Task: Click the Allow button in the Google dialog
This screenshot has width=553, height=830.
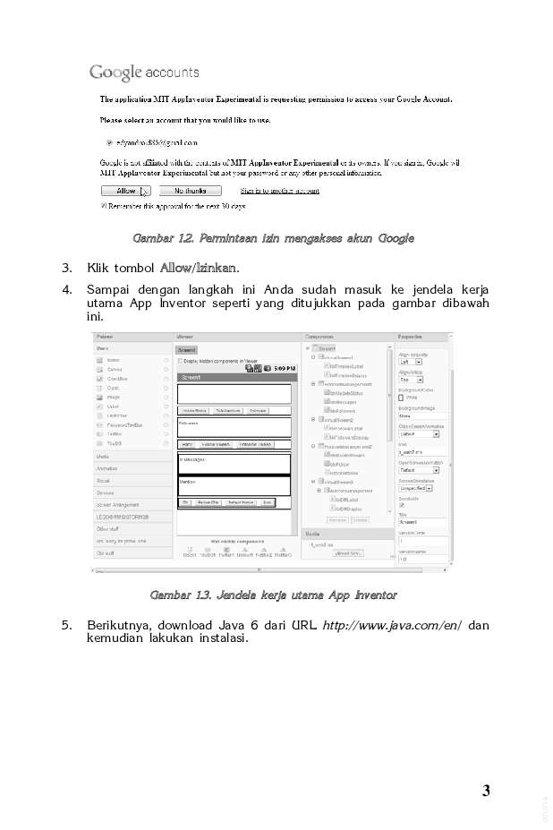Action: [126, 191]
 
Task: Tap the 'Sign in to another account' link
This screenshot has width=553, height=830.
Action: [279, 191]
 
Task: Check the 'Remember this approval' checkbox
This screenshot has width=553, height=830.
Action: [103, 206]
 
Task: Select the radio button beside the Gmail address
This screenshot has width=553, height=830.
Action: [109, 141]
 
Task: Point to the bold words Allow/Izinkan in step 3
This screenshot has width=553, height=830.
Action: [199, 268]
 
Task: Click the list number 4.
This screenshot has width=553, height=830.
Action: [66, 289]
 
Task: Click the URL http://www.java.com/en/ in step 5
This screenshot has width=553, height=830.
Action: [392, 625]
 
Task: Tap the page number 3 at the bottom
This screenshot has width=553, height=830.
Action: [486, 790]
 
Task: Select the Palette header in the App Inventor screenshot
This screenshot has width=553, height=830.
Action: [106, 336]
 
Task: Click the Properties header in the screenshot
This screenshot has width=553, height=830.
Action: [411, 336]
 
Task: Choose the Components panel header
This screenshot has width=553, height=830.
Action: [319, 336]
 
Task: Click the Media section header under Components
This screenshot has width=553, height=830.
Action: [312, 533]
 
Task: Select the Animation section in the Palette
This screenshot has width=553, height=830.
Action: [107, 468]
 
